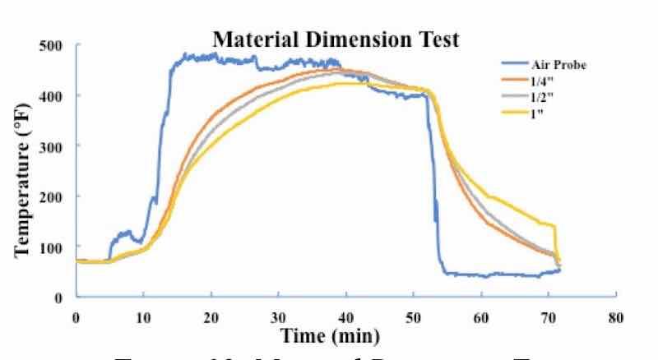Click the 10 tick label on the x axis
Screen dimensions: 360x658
pos(143,317)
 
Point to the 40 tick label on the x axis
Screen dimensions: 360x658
pos(346,317)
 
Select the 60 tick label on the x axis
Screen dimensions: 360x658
pos(481,317)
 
